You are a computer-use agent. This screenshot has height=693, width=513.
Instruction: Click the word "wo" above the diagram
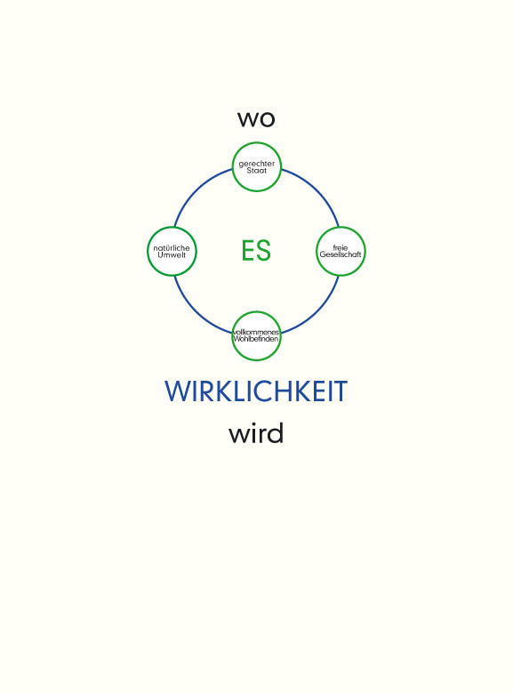256,119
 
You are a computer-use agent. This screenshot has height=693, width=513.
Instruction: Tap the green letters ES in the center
256,251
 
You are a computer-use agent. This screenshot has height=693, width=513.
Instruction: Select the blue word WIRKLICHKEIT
256,391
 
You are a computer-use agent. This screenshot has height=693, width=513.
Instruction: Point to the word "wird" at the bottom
256,433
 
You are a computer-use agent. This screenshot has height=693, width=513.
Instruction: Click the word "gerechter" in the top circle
257,164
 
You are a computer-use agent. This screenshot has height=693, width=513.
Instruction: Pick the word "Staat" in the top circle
257,171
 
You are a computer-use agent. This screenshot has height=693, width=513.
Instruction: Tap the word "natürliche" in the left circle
172,248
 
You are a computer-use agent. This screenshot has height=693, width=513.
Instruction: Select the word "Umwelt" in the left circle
172,255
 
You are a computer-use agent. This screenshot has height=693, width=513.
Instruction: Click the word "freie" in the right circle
341,248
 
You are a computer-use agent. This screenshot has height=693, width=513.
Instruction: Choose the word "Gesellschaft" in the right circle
341,254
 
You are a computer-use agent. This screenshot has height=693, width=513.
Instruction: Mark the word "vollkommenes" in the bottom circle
256,333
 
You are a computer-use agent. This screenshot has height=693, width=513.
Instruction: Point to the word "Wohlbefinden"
256,339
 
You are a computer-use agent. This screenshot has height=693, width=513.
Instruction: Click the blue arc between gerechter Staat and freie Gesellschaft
315,192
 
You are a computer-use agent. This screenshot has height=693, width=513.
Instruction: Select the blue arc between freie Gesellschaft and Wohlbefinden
315,310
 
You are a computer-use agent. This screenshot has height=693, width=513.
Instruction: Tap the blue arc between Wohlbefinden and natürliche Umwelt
197,310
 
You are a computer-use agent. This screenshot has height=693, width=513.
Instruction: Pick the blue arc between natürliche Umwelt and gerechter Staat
197,192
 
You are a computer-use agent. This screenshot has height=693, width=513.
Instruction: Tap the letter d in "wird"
276,433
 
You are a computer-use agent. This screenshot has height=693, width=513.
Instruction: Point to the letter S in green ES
263,251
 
